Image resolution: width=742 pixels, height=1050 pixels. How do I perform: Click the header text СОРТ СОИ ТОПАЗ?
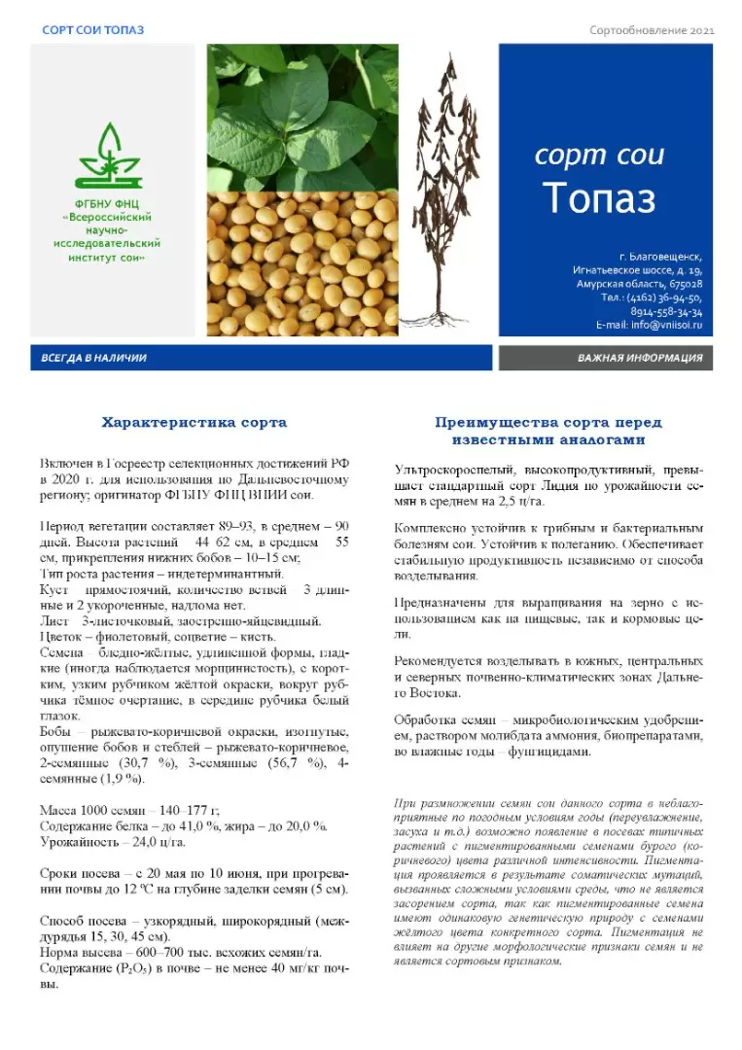[93, 30]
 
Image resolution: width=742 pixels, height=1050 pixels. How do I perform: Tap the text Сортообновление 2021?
[653, 30]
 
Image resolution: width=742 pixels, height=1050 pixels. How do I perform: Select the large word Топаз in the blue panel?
[599, 198]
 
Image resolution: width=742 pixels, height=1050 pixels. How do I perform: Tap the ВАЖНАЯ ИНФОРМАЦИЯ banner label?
[639, 358]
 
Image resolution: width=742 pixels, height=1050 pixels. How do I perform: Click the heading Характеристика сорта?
[194, 423]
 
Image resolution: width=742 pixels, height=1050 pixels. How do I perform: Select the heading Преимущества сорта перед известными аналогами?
[548, 431]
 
